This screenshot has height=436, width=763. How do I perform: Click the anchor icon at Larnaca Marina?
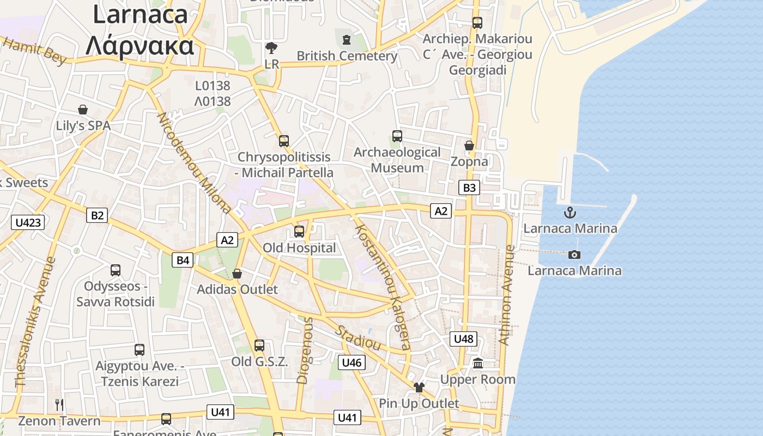pyautogui.click(x=570, y=212)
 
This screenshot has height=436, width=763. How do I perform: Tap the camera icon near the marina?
pyautogui.click(x=574, y=255)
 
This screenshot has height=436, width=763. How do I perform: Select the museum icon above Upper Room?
pyautogui.click(x=478, y=363)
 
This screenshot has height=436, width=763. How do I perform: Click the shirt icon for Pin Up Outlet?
pyautogui.click(x=419, y=387)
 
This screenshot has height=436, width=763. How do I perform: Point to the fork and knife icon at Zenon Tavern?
pyautogui.click(x=59, y=404)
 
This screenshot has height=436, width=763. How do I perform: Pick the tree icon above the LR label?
pyautogui.click(x=271, y=48)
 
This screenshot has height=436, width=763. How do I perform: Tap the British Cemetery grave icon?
pyautogui.click(x=346, y=39)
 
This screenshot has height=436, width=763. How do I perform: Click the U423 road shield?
pyautogui.click(x=28, y=222)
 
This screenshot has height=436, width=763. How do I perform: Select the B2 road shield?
pyautogui.click(x=97, y=215)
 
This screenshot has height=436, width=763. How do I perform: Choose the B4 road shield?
pyautogui.click(x=183, y=260)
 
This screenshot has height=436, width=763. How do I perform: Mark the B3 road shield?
pyautogui.click(x=469, y=188)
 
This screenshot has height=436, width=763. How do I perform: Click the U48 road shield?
pyautogui.click(x=464, y=339)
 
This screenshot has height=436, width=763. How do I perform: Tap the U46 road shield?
pyautogui.click(x=352, y=362)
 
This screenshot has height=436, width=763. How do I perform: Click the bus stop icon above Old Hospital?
pyautogui.click(x=299, y=232)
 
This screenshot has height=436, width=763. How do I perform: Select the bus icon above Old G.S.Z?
pyautogui.click(x=259, y=345)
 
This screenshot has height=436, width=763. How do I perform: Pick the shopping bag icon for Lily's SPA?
pyautogui.click(x=83, y=110)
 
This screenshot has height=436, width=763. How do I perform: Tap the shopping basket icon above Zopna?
pyautogui.click(x=469, y=146)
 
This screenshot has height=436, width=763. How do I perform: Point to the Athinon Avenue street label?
pyautogui.click(x=507, y=295)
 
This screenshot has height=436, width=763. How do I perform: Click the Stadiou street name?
pyautogui.click(x=358, y=338)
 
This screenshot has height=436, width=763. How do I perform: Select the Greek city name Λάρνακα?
pyautogui.click(x=140, y=46)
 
